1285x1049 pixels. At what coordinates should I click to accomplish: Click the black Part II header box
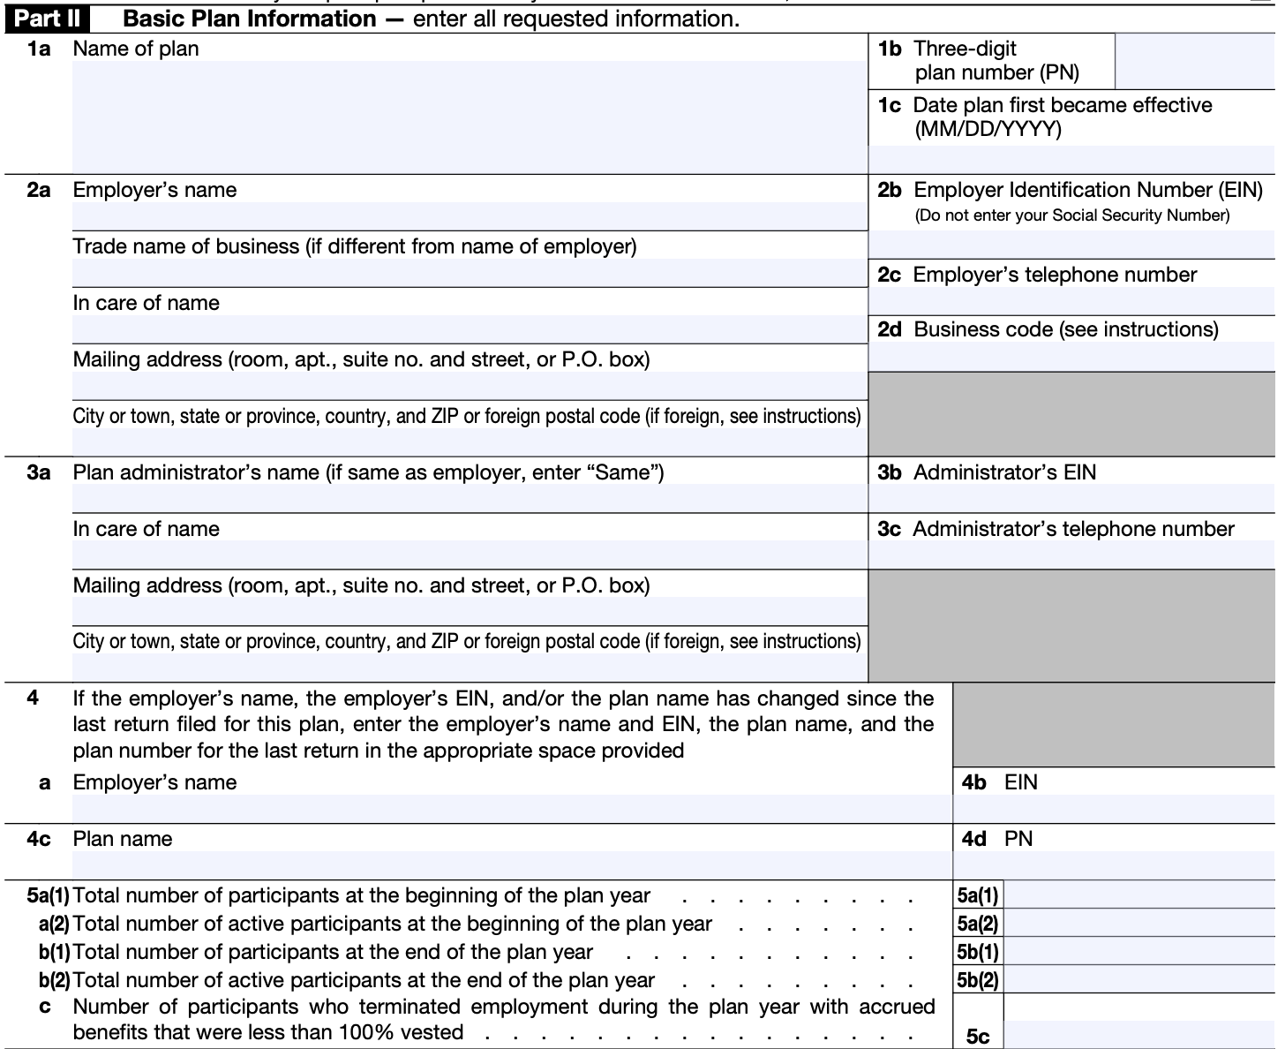(49, 19)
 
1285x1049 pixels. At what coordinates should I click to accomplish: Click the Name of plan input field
(470, 117)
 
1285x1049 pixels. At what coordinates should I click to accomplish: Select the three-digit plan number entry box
(1194, 61)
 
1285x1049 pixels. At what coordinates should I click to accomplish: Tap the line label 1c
(889, 106)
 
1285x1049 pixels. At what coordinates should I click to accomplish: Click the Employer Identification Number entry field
(1071, 243)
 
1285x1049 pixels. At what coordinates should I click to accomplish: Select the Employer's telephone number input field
(1071, 301)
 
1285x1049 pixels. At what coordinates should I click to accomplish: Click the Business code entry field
(1071, 357)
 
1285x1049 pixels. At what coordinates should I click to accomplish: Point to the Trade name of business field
(470, 273)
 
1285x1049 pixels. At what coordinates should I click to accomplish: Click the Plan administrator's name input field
(470, 498)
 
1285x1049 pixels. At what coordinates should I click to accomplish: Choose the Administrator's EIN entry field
(1071, 498)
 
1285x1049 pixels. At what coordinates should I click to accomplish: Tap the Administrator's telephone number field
(1071, 555)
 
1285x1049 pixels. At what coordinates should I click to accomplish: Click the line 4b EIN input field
(1114, 809)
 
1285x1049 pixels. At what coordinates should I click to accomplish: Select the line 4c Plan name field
(512, 864)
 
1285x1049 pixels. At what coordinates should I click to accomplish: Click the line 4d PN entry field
(1114, 864)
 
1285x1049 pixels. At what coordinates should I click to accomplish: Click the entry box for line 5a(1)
(1139, 895)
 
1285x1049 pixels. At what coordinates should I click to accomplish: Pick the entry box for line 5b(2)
(1139, 980)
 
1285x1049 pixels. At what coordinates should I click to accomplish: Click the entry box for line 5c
(1139, 1035)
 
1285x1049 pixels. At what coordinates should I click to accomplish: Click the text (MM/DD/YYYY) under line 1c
(988, 130)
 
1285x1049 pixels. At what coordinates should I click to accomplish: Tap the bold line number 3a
(38, 472)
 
